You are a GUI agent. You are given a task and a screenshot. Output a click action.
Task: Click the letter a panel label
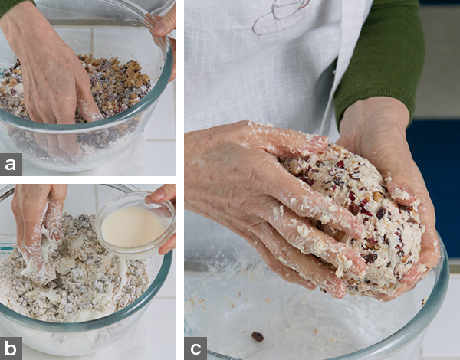point(11,165)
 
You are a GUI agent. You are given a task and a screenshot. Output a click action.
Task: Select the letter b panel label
point(11,349)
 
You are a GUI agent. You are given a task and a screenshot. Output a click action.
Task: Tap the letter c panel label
point(195,349)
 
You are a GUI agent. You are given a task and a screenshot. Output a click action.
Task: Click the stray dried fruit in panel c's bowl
point(258,337)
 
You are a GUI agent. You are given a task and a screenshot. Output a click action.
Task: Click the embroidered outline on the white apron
point(282,17)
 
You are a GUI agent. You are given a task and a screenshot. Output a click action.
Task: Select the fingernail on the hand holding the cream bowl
point(157,195)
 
